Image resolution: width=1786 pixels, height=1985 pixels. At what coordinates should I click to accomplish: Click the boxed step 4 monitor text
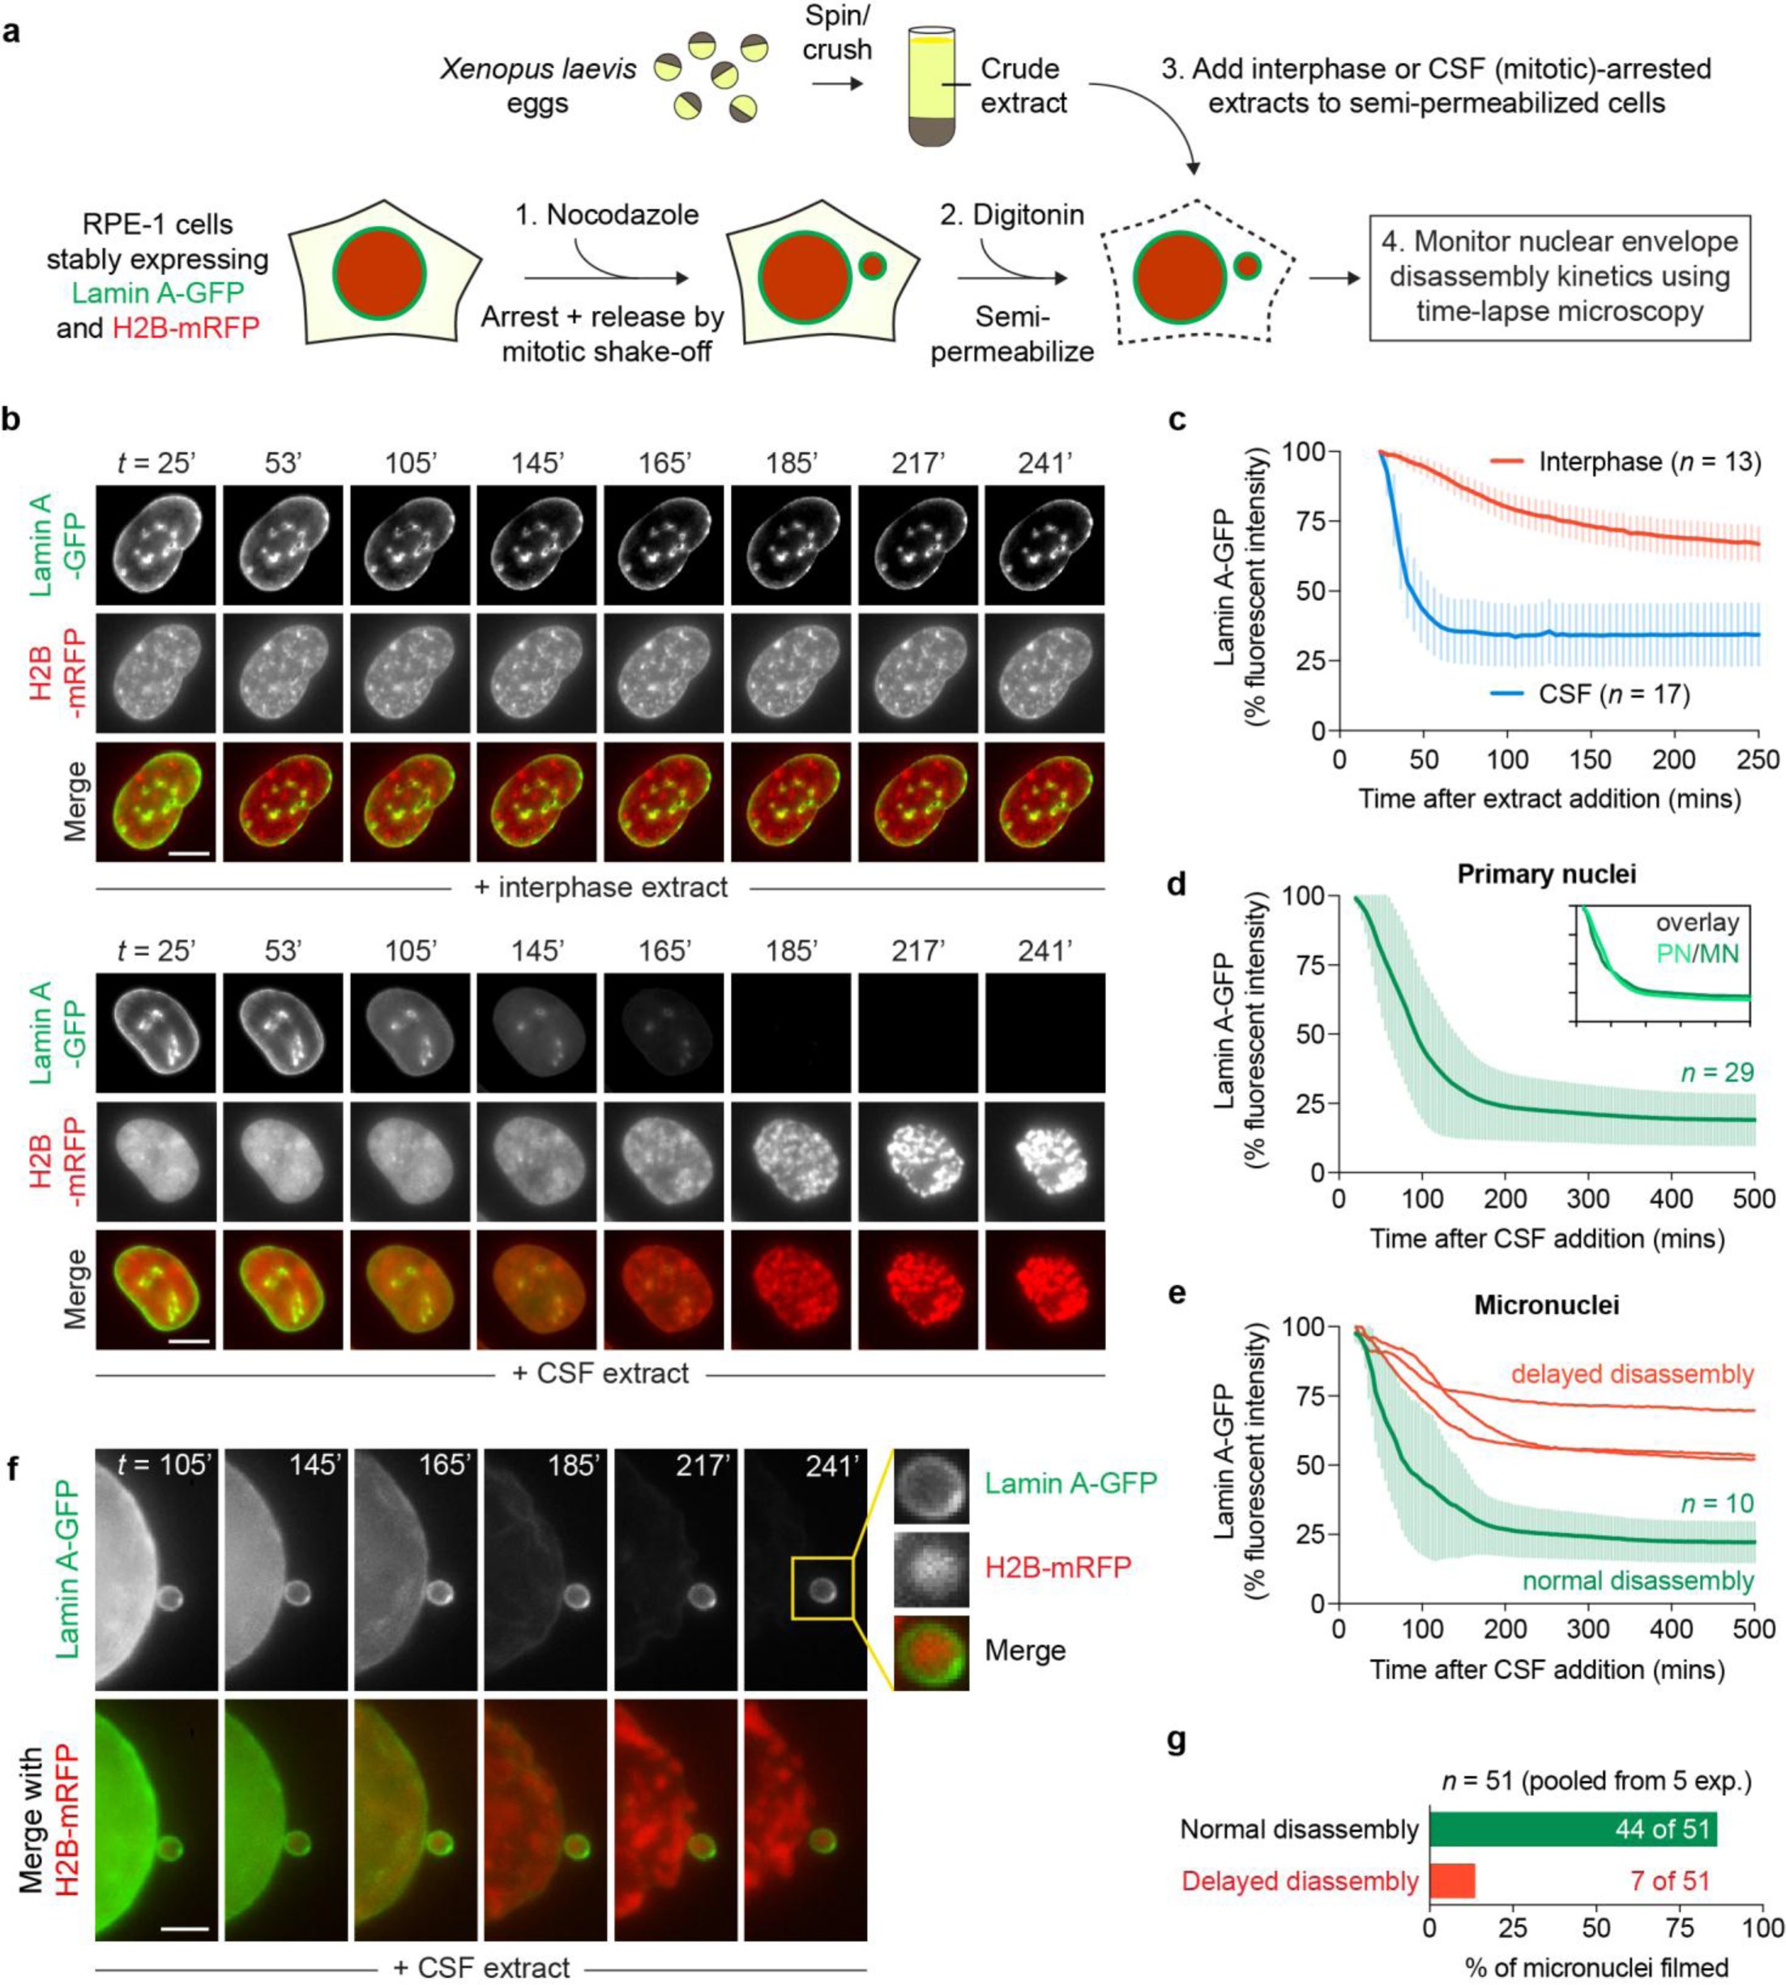coord(1559,277)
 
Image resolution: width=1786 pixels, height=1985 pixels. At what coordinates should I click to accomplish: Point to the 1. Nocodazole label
coord(608,214)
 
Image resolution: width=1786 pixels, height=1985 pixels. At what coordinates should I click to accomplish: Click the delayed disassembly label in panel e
coord(1631,1374)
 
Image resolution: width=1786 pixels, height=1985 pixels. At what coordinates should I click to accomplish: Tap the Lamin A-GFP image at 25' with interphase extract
coord(155,544)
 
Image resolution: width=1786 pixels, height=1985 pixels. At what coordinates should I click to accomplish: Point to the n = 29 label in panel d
coord(1716,1073)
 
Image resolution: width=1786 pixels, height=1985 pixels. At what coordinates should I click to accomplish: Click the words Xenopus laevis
coord(538,69)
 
